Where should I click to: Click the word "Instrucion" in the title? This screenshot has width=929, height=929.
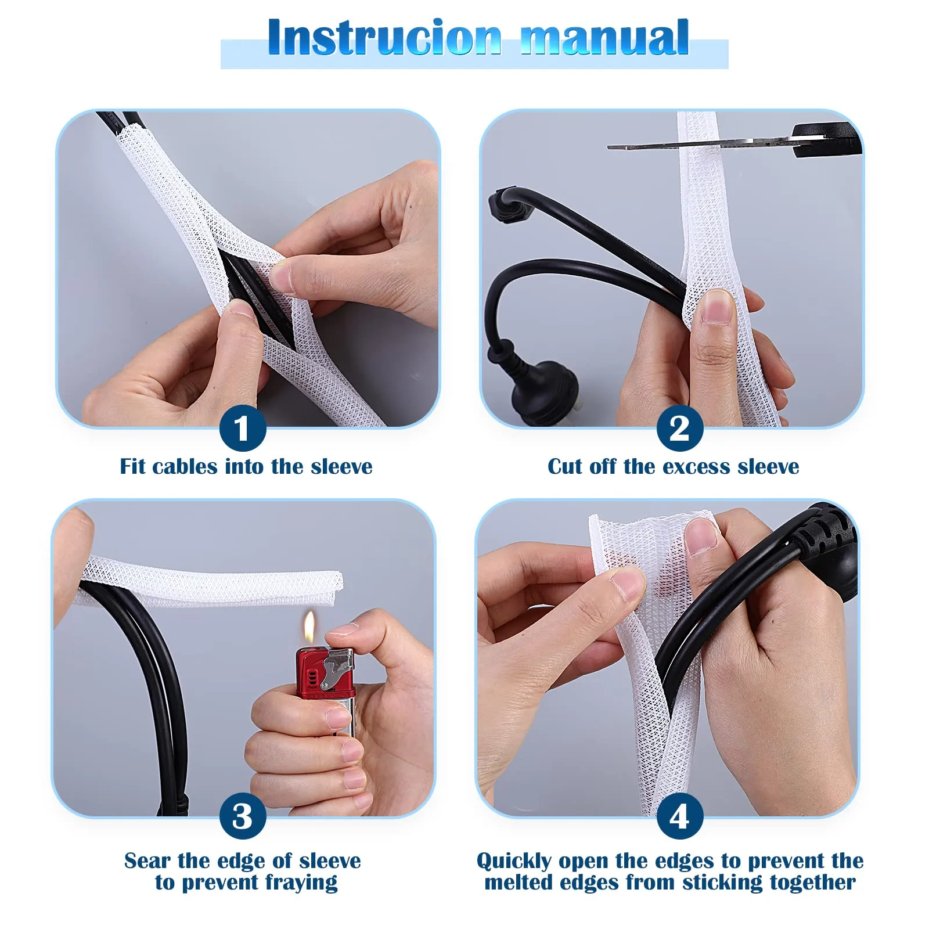384,38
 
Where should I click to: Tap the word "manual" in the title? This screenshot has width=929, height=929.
604,38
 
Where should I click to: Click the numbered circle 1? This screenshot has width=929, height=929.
243,429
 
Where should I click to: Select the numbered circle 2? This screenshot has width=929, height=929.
680,429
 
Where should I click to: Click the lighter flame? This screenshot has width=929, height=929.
311,628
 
